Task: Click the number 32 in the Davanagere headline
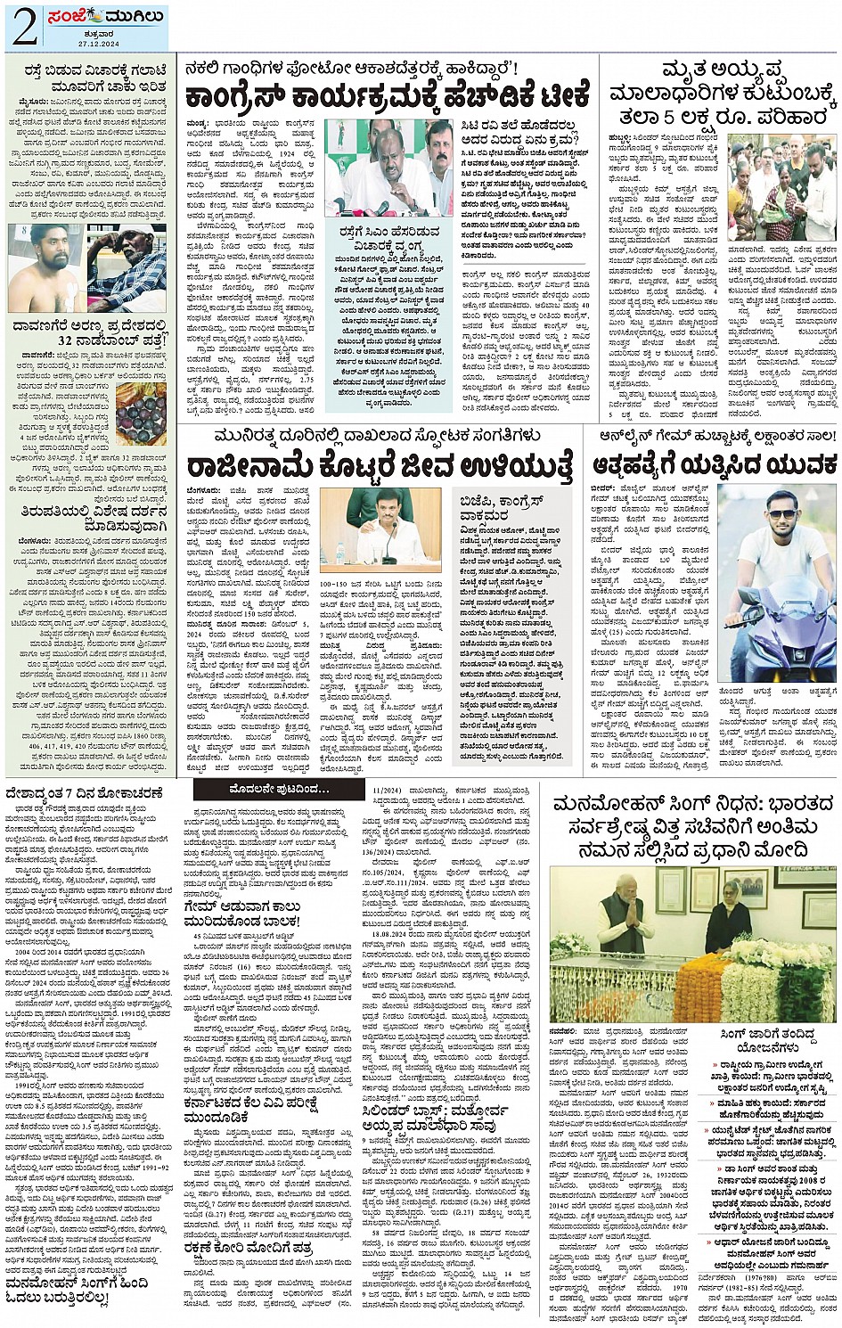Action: pyautogui.click(x=68, y=340)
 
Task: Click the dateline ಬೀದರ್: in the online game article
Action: pyautogui.click(x=602, y=489)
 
